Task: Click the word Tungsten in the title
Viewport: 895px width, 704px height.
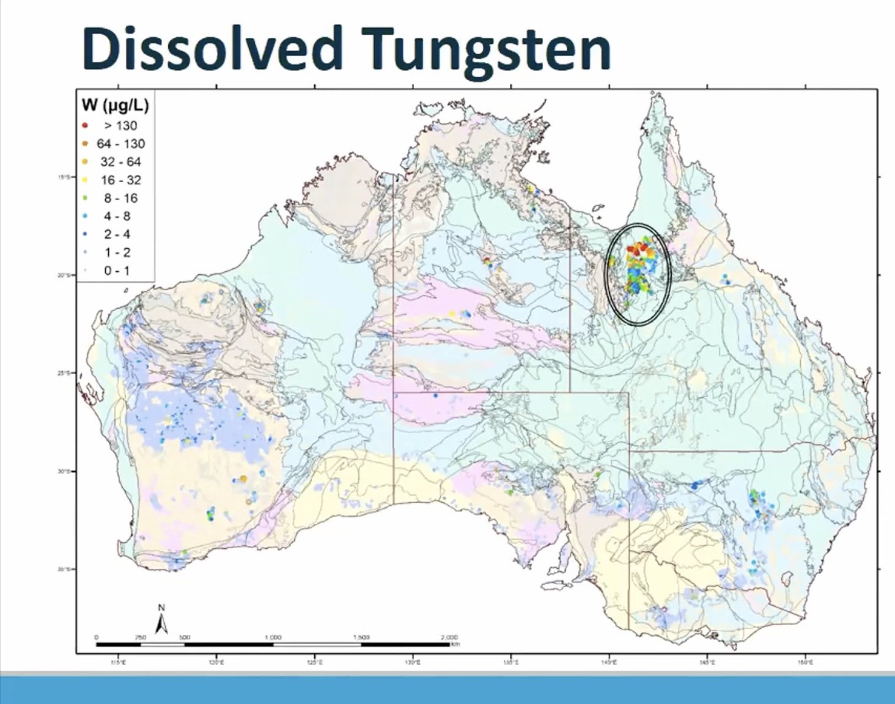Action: (x=488, y=49)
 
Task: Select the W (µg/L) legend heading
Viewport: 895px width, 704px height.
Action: (x=115, y=106)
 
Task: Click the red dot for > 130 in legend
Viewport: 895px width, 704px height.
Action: (x=85, y=126)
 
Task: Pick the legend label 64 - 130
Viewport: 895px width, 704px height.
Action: (x=120, y=144)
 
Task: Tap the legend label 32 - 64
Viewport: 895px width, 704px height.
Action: (x=120, y=162)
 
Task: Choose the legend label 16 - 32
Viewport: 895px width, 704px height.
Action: (x=120, y=180)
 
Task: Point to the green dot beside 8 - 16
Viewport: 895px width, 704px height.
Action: (x=85, y=198)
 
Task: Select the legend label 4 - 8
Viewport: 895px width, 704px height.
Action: (x=117, y=216)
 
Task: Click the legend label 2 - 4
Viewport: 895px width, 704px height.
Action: (x=117, y=235)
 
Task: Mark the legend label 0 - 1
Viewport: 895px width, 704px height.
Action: (x=117, y=271)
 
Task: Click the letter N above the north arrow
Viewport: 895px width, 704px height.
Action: (x=161, y=608)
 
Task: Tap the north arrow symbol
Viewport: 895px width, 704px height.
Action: (x=161, y=624)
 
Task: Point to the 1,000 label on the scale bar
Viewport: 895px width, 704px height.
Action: (x=273, y=637)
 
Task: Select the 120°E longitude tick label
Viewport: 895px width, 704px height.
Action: (x=216, y=662)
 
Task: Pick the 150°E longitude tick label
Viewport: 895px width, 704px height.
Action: (x=805, y=662)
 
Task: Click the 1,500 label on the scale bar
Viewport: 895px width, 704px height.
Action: (x=361, y=637)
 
